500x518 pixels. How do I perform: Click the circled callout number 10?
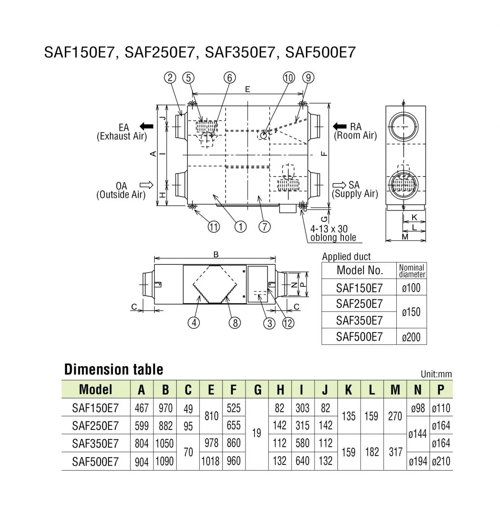point(289,78)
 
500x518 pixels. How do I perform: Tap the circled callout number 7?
point(265,226)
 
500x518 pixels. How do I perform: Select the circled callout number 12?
point(288,322)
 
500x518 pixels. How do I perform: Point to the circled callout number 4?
point(194,322)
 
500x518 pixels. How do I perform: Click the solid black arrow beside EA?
point(147,126)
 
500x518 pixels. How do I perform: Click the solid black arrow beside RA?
point(340,126)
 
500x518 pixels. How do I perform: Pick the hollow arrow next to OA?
point(147,185)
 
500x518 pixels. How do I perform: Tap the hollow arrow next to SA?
point(340,185)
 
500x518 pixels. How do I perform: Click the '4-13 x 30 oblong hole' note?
point(333,233)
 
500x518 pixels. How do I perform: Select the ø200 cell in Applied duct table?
point(411,337)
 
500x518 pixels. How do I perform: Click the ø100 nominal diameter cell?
point(411,287)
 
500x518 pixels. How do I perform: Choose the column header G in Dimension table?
point(258,390)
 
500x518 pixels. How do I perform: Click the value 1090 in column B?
point(165,461)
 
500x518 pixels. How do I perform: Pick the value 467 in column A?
point(142,408)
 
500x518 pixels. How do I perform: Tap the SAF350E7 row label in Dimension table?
point(95,443)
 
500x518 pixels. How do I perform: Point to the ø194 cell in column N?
point(417,461)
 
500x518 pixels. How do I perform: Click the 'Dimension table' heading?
point(114,370)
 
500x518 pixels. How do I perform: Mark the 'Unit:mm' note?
point(436,374)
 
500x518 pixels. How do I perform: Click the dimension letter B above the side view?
point(216,255)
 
